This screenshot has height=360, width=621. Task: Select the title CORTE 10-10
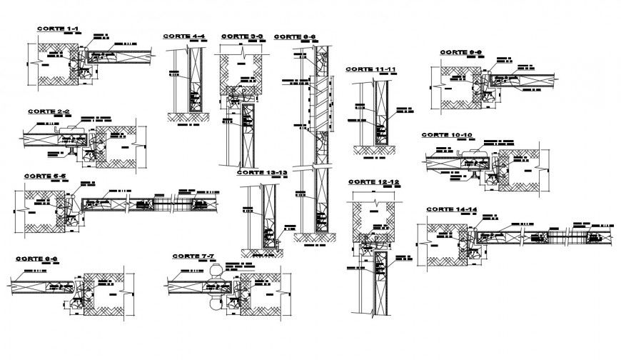[446, 134]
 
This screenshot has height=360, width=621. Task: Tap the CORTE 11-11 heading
[370, 69]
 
